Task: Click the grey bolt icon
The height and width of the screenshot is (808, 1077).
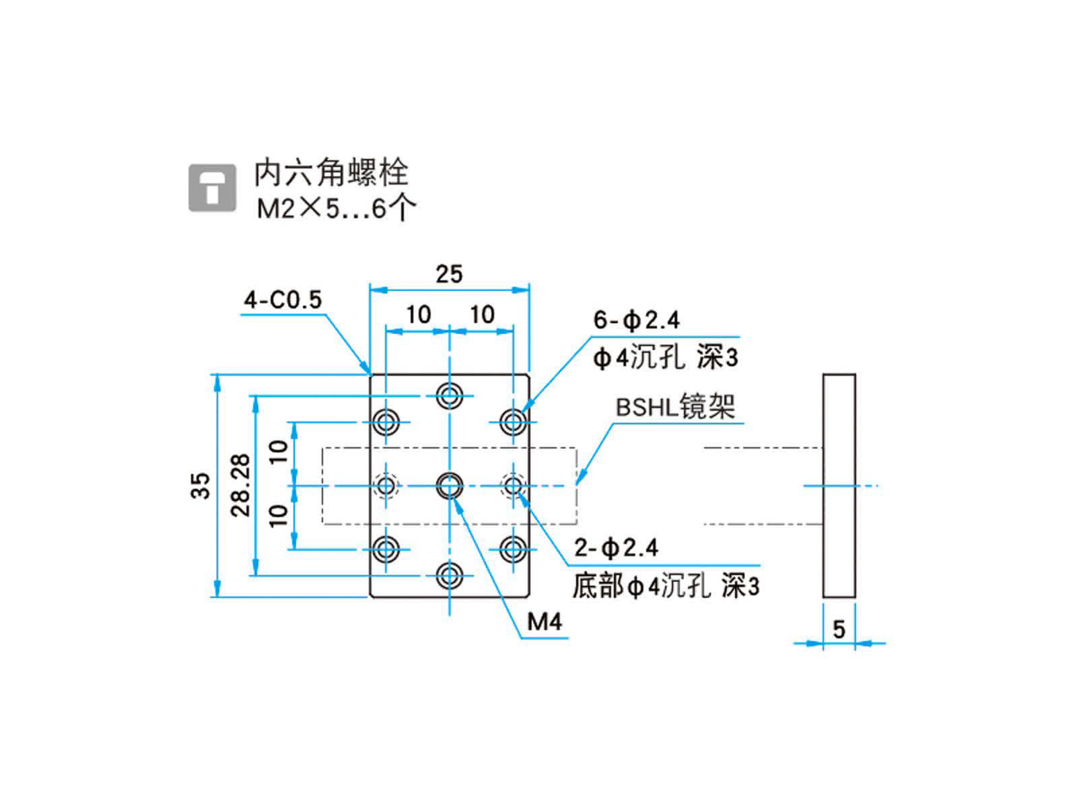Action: point(212,187)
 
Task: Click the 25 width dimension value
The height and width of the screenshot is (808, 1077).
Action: point(449,274)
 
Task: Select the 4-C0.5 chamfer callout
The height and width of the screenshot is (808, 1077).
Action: point(283,300)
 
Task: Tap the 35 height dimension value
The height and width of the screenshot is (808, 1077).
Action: point(201,485)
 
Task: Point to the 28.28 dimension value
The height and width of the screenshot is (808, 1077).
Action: point(241,485)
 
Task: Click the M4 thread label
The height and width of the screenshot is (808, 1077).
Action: point(544,621)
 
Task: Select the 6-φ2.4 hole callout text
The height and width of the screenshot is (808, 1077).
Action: point(636,321)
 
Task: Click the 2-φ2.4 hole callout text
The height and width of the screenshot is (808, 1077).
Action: point(617,549)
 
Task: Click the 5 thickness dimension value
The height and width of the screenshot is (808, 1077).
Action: point(839,629)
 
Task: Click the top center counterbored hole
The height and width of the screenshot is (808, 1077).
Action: point(449,396)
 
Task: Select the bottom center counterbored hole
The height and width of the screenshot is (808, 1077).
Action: point(449,576)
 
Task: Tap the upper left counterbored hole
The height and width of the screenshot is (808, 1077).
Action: point(386,423)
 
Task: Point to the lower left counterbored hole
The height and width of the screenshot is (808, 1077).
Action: point(386,549)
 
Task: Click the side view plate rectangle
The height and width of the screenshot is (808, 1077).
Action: point(839,485)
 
